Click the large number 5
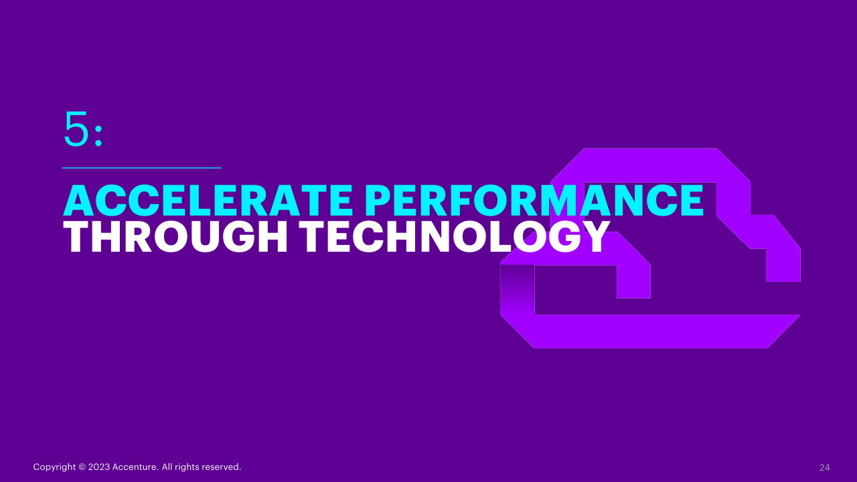pos(76,129)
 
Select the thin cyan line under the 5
pos(142,167)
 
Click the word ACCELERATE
pos(208,200)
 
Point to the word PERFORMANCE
pos(534,200)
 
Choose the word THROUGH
pos(175,236)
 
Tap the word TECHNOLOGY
pos(454,236)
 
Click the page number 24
pos(824,467)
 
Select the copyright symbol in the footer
pos(82,467)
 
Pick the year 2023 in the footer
pos(98,467)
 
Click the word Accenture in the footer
pos(135,467)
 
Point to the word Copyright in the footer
pos(54,467)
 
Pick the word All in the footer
pos(167,467)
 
